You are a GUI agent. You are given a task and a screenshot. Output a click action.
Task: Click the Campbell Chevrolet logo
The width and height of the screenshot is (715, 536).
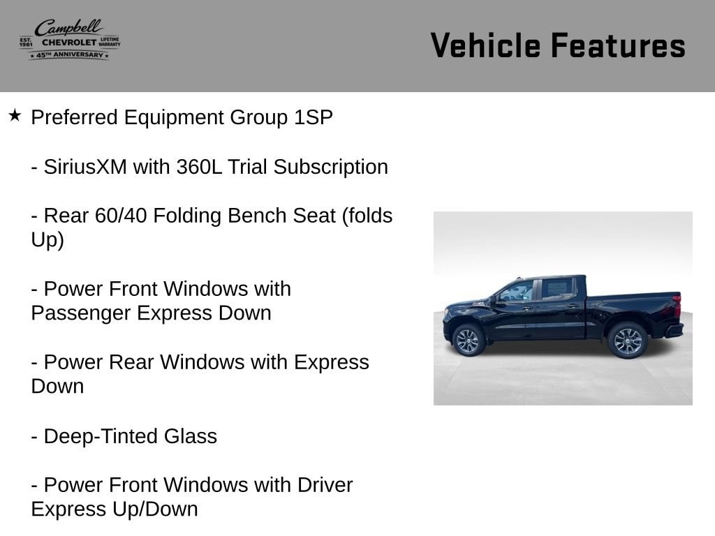(x=70, y=40)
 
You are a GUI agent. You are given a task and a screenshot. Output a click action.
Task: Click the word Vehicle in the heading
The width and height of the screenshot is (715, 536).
(x=485, y=45)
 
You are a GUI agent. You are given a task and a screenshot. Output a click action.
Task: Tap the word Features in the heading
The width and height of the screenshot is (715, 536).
(x=619, y=45)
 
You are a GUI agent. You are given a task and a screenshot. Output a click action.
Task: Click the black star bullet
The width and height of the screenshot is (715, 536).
(x=15, y=115)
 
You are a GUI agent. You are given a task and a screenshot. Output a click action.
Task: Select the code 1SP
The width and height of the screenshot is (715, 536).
(x=314, y=117)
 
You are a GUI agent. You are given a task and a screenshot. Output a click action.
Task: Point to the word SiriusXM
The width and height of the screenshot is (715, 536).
(x=85, y=167)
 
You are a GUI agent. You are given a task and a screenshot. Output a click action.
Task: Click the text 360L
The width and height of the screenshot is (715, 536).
(x=199, y=167)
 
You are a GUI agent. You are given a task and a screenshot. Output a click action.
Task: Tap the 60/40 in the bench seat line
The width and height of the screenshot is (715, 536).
(x=121, y=216)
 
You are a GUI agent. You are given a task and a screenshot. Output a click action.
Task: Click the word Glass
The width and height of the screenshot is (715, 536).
(x=191, y=436)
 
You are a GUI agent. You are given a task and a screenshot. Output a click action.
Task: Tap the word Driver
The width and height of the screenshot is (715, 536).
(x=325, y=485)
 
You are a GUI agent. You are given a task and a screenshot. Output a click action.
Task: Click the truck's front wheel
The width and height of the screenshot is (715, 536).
(x=468, y=341)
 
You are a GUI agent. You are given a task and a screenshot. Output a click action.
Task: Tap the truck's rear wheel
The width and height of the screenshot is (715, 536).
(x=628, y=341)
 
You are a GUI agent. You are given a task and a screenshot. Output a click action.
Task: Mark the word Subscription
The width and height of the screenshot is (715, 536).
(x=330, y=167)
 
